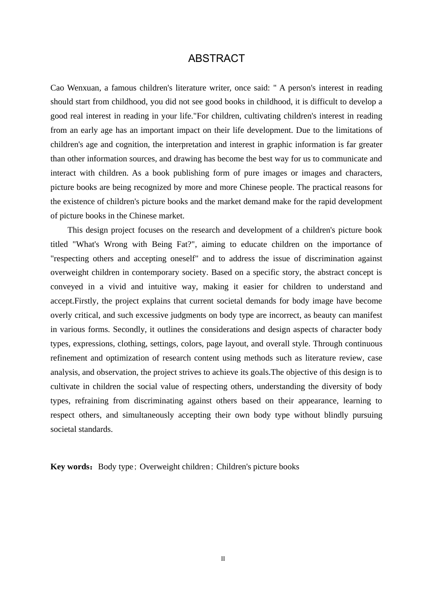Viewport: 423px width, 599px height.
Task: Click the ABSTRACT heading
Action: click(x=216, y=58)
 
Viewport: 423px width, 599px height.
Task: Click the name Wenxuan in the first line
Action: click(x=84, y=88)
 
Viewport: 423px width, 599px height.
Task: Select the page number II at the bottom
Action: click(x=223, y=559)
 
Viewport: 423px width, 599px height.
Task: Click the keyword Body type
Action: click(x=115, y=467)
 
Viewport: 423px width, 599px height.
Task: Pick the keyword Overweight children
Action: click(x=175, y=467)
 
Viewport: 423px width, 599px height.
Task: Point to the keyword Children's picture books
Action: click(x=258, y=467)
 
